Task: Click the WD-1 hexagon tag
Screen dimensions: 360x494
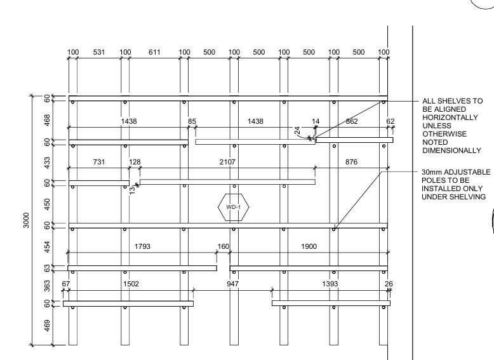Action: pyautogui.click(x=234, y=207)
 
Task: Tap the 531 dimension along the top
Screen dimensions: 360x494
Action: pyautogui.click(x=99, y=52)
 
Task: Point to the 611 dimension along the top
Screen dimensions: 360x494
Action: pyautogui.click(x=155, y=52)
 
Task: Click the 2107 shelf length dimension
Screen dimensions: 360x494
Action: pyautogui.click(x=227, y=162)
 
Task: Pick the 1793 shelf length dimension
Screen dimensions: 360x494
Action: pyautogui.click(x=142, y=246)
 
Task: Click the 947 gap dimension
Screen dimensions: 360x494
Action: pyautogui.click(x=232, y=284)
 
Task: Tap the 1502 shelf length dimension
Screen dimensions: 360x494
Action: pyautogui.click(x=130, y=284)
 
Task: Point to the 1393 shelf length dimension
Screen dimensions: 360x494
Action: pyautogui.click(x=331, y=284)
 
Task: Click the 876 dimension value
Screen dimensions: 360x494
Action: pyautogui.click(x=350, y=162)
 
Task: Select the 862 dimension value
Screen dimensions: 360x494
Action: pyautogui.click(x=351, y=121)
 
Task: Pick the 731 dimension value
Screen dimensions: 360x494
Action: pyautogui.click(x=99, y=162)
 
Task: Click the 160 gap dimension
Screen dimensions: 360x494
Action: pyautogui.click(x=223, y=246)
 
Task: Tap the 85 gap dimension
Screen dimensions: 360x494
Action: pyautogui.click(x=192, y=121)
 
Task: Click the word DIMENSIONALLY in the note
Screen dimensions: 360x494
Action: pyautogui.click(x=451, y=150)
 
